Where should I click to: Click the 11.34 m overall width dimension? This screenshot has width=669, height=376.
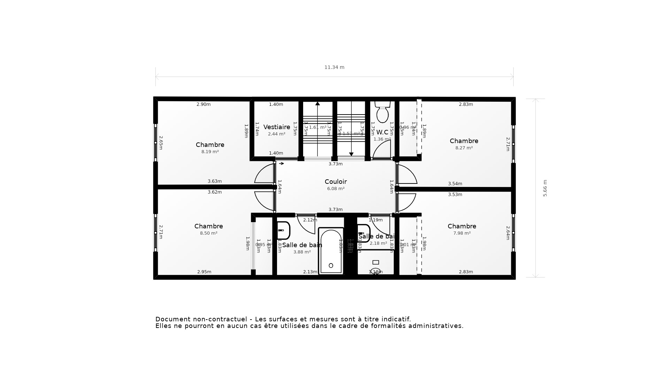click(x=334, y=68)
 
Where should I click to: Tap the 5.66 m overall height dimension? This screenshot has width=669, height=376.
click(x=545, y=188)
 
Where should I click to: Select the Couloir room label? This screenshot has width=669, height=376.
click(x=336, y=182)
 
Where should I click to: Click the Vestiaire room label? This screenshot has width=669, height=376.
click(x=277, y=127)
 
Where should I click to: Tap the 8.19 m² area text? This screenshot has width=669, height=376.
click(x=210, y=152)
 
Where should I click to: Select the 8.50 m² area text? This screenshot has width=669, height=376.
click(x=208, y=233)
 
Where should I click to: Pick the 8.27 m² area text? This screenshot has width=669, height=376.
click(x=464, y=148)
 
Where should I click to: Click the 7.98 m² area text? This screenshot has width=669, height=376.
click(x=462, y=233)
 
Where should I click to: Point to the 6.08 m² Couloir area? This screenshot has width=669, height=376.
click(x=336, y=189)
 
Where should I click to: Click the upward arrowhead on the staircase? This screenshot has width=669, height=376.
click(x=317, y=103)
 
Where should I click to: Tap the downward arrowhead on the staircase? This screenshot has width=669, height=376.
click(x=351, y=154)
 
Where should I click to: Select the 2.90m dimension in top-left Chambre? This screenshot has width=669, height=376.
click(x=203, y=104)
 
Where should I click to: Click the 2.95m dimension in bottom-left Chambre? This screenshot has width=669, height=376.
click(x=204, y=272)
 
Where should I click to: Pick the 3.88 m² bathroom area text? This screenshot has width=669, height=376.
click(x=302, y=252)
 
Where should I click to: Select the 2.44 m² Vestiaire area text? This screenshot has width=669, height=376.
click(x=277, y=134)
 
